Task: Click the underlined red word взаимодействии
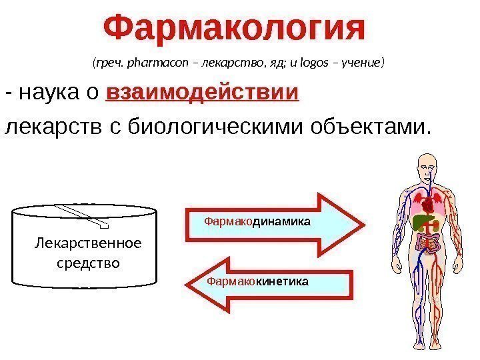pos(202,93)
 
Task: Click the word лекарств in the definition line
pos(47,126)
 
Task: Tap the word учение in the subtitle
pos(361,64)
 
